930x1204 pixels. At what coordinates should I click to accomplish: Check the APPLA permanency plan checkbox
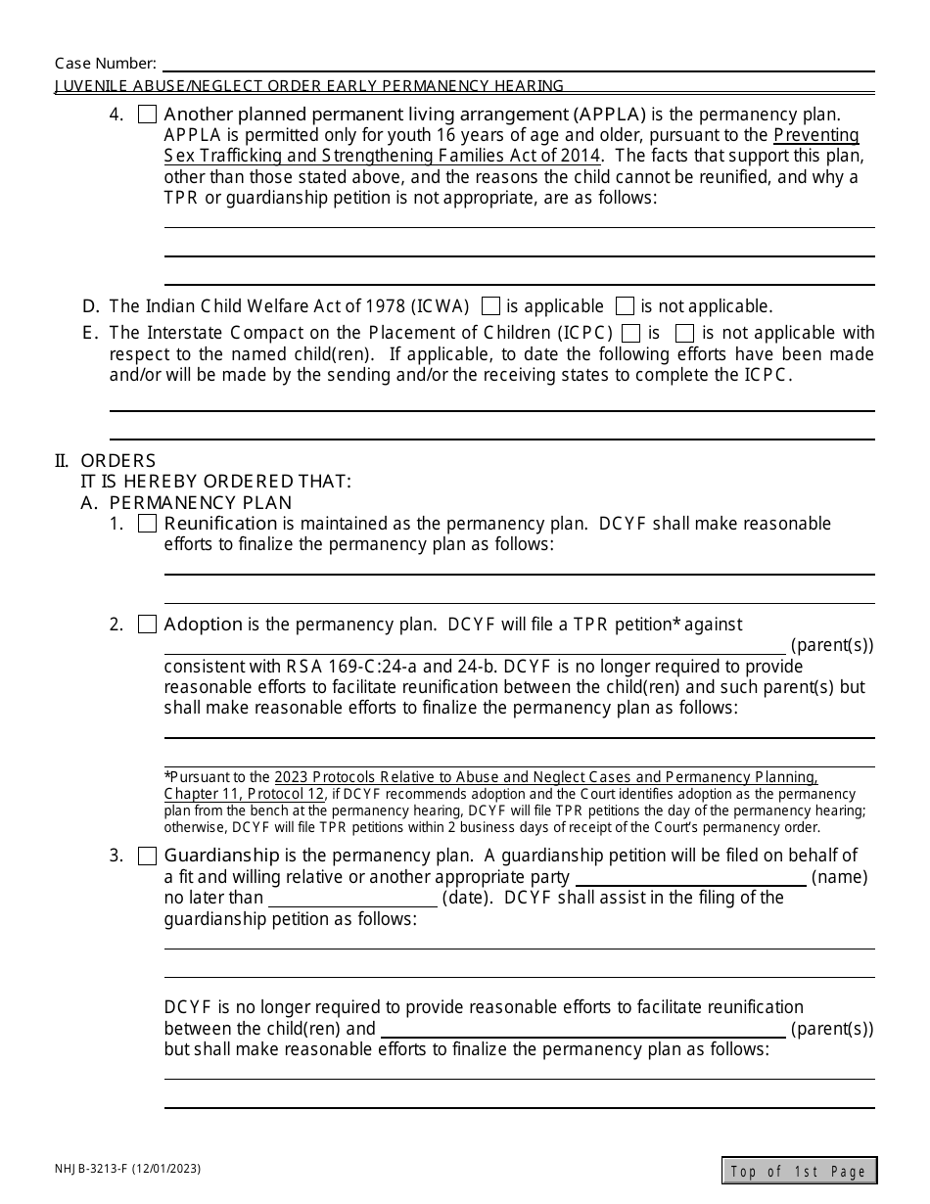coord(147,115)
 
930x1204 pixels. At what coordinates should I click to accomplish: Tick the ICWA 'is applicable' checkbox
coord(491,305)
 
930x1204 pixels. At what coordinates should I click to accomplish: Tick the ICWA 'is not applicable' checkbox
coord(625,305)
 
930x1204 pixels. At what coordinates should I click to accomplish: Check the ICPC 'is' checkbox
coord(631,333)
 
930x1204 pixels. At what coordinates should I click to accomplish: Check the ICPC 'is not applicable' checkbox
coord(685,333)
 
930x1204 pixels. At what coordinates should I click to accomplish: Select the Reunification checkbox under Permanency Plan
coord(147,524)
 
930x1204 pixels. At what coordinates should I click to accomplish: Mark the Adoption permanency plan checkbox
coord(147,625)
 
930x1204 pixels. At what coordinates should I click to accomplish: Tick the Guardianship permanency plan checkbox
coord(147,857)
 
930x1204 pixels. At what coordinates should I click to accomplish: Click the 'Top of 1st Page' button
coord(799,1171)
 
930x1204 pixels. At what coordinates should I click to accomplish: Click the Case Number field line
coord(516,65)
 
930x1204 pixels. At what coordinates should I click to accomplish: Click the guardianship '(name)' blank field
coord(690,878)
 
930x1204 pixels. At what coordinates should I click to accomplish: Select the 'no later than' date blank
coord(352,899)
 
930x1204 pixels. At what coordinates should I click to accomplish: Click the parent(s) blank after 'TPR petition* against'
coord(475,646)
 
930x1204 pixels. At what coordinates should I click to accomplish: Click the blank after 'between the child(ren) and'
coord(582,1030)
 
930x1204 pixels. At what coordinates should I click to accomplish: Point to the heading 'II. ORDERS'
coord(106,461)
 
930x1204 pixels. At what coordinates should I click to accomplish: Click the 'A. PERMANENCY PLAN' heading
coord(201,503)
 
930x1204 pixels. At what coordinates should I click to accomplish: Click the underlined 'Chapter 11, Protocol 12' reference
coord(244,794)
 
